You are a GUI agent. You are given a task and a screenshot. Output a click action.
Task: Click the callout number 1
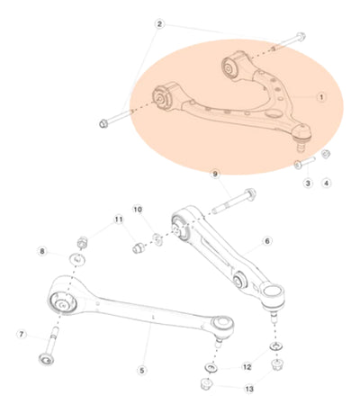321,97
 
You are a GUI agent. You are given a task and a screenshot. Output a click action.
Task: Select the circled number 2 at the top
159,24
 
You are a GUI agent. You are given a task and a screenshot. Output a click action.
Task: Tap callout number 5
142,370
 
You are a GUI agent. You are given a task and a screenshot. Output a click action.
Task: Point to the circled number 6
267,240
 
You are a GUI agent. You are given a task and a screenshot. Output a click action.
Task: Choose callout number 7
22,334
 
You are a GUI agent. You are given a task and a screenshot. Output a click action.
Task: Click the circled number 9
215,174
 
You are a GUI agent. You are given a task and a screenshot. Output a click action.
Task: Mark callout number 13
249,389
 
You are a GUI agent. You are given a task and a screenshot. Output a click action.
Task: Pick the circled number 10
138,210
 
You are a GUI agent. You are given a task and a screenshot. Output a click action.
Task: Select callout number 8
42,251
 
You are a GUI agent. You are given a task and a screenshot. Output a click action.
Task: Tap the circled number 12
247,367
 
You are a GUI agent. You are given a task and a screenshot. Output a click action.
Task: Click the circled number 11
119,220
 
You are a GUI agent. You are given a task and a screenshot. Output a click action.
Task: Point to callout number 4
327,183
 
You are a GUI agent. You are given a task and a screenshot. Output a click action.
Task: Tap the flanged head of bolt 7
47,359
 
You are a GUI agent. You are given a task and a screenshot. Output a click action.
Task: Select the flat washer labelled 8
77,259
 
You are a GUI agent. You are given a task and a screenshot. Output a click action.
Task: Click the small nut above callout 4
326,154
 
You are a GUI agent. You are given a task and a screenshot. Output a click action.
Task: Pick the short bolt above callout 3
304,163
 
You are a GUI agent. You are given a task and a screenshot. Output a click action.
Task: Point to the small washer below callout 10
157,238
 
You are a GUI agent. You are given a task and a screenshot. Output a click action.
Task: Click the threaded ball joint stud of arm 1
301,148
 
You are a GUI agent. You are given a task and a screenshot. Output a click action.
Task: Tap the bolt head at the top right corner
301,37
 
